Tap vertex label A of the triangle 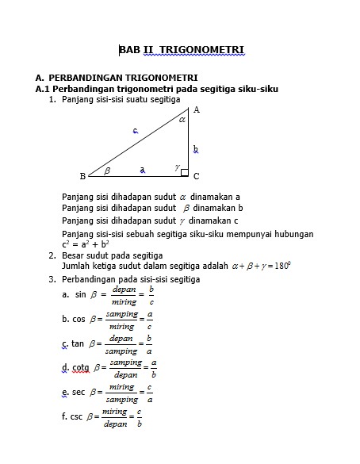pos(196,109)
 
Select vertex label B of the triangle pos(82,175)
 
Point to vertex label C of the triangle pos(196,175)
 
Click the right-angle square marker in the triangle pos(185,172)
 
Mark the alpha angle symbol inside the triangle pos(182,121)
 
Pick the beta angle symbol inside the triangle pos(107,169)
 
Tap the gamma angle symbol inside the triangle pos(177,167)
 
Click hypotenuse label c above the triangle pos(136,130)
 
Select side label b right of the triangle pos(195,148)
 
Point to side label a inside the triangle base pos(143,169)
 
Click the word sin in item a pos(79,294)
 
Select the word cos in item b pos(79,319)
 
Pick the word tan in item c pos(78,343)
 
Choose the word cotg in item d pos(81,368)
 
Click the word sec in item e pos(78,393)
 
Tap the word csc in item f pos(78,416)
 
